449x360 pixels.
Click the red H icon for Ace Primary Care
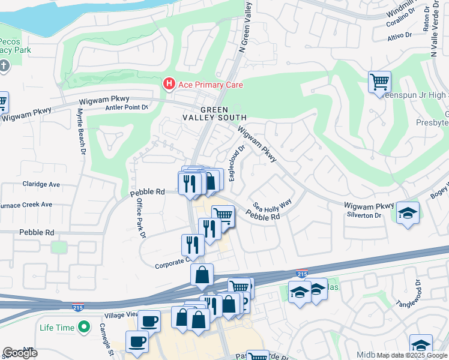(x=169, y=85)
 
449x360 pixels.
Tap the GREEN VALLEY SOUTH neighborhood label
(x=215, y=113)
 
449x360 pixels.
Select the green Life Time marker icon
(x=85, y=328)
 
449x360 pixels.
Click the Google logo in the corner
(x=20, y=352)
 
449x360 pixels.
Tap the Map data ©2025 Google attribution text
(x=411, y=355)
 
